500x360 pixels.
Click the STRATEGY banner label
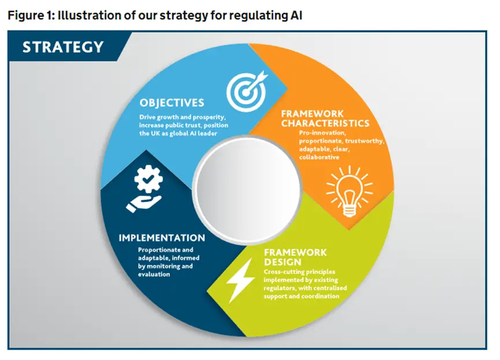pos(63,47)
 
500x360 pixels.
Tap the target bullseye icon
pos(246,91)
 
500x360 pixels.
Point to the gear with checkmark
pos(149,179)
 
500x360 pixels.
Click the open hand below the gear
pos(143,203)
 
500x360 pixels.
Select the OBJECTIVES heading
pos(172,103)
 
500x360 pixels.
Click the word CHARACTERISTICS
pos(325,123)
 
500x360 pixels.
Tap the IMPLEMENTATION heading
pos(162,238)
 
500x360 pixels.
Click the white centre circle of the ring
pos(247,189)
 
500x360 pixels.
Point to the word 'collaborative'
pos(319,157)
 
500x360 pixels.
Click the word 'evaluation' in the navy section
pos(154,274)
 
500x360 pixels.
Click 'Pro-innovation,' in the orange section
pos(323,133)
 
